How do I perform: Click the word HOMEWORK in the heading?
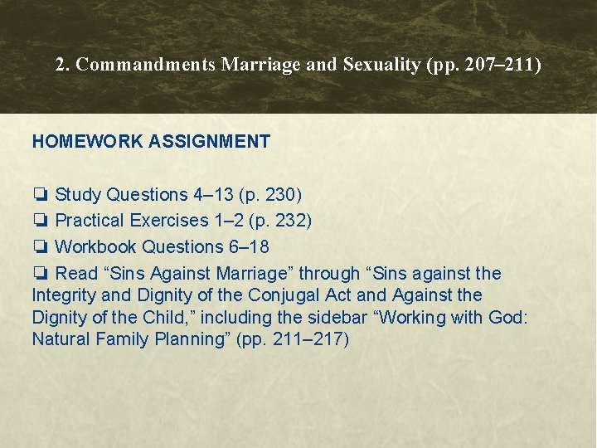point(87,142)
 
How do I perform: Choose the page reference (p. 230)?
point(269,195)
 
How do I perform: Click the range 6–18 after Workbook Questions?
point(249,246)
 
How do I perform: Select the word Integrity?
point(64,295)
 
